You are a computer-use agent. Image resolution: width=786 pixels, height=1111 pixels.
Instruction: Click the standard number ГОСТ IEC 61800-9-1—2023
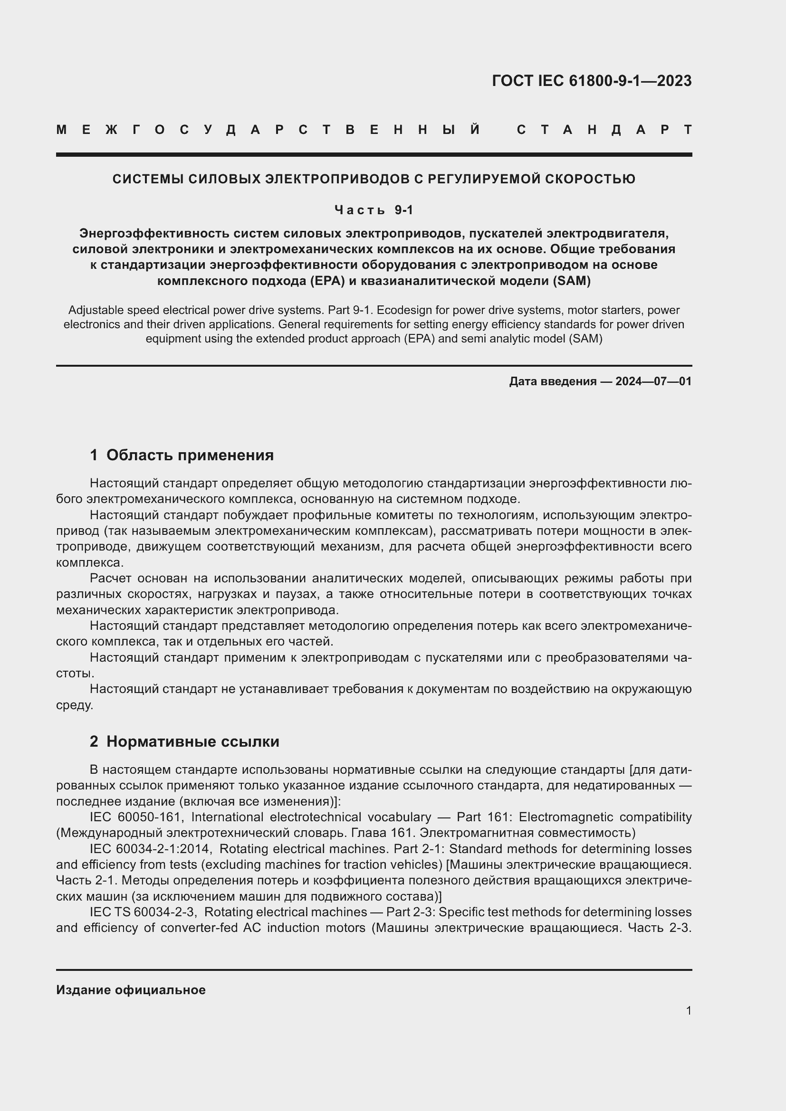point(592,81)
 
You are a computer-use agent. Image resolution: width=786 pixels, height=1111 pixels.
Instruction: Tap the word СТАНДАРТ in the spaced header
point(604,130)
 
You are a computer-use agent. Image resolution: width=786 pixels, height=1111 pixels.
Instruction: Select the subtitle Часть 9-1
point(374,210)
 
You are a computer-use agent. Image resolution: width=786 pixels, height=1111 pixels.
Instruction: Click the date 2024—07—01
point(653,381)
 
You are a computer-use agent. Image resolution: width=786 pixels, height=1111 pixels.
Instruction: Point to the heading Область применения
point(190,455)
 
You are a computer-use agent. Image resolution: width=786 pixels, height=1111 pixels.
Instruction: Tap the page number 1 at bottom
point(688,1010)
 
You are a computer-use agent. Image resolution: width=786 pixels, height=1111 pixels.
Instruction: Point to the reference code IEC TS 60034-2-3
point(142,912)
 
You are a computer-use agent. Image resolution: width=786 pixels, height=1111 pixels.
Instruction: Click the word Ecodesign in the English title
point(401,310)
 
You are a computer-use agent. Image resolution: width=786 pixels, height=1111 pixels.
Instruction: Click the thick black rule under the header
point(374,155)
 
